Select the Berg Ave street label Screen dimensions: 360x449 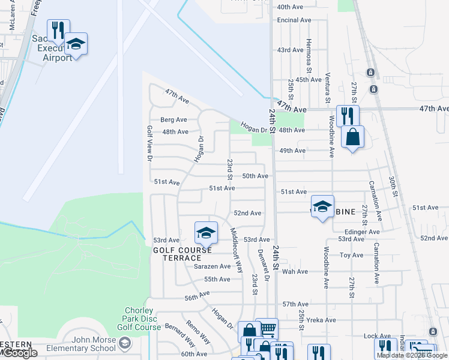tap(174, 119)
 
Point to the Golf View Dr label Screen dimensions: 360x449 tap(149, 143)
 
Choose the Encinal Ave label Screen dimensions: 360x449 tap(294, 20)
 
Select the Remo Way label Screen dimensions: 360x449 tap(198, 332)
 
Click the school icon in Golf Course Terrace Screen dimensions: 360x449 tap(205, 233)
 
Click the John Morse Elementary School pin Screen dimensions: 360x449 tap(125, 344)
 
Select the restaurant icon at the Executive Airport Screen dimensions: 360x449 tap(58, 29)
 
